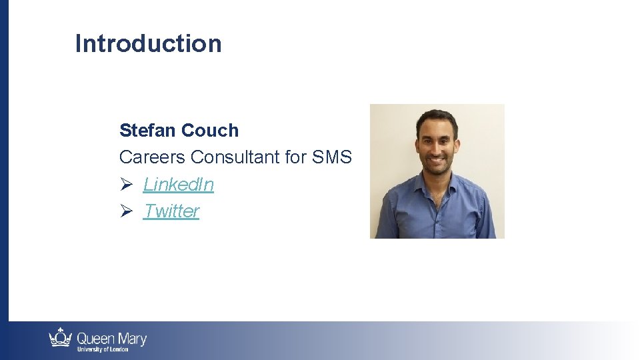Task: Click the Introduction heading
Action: [x=148, y=43]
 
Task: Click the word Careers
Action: [x=152, y=157]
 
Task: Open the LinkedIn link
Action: [x=178, y=184]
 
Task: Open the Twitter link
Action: [x=171, y=211]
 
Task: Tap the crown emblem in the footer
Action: [x=60, y=338]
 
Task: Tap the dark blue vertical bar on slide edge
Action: [x=4, y=160]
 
